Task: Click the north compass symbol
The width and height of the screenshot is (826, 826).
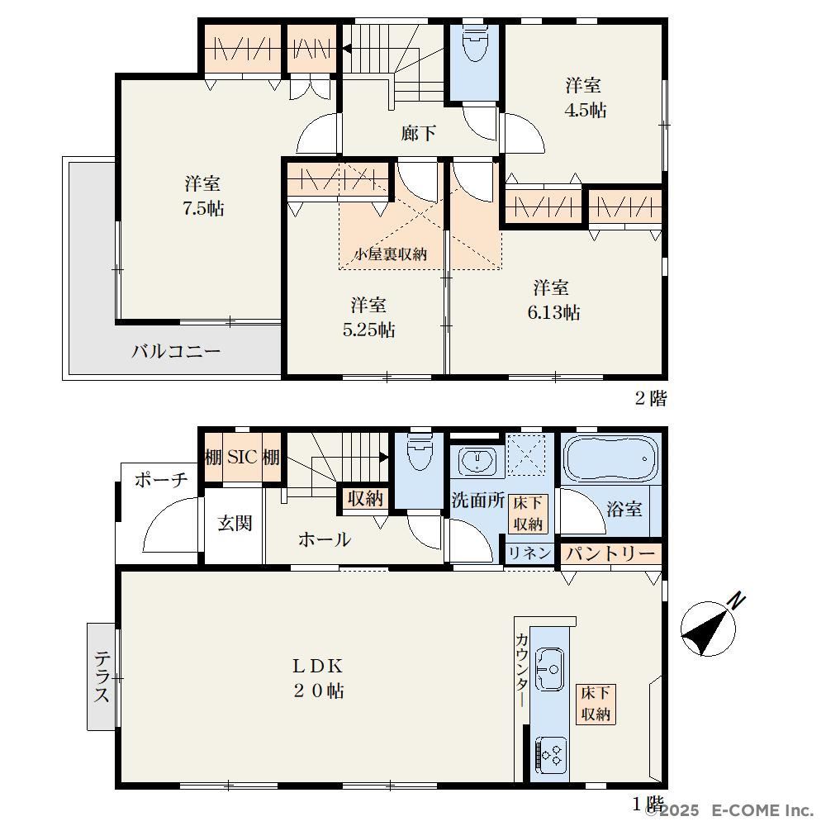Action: [x=709, y=628]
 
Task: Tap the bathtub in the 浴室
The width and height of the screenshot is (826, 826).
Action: [x=611, y=458]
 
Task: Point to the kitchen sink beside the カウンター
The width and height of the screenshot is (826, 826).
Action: [x=549, y=669]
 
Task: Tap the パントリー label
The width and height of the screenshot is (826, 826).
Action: [x=610, y=553]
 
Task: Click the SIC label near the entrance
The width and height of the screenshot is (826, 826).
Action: [x=242, y=457]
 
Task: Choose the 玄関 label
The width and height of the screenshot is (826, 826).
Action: [x=235, y=523]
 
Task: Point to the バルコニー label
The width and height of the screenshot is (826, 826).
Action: [x=175, y=351]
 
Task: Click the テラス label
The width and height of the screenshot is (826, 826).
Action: [x=102, y=676]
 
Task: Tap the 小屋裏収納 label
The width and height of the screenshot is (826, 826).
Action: [x=391, y=254]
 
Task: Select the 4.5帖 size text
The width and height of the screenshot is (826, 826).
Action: [x=586, y=110]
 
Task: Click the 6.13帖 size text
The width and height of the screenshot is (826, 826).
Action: [x=553, y=312]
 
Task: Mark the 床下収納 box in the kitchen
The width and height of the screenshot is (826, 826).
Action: [x=596, y=704]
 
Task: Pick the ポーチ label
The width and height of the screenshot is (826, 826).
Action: [x=161, y=479]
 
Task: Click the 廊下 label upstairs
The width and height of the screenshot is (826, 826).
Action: [x=418, y=133]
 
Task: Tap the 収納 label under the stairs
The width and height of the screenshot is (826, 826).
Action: [x=365, y=498]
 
